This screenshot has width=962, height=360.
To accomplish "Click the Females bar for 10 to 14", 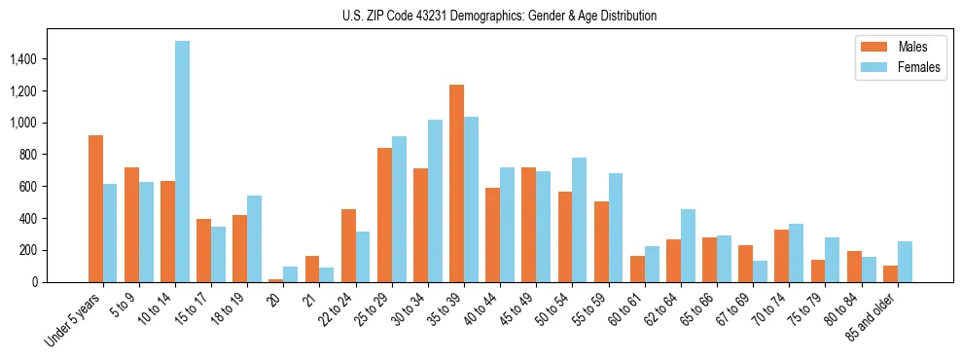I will (182, 162).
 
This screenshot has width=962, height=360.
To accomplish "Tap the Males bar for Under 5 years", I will (95, 208).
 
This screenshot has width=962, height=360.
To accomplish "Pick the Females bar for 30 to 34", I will (435, 200).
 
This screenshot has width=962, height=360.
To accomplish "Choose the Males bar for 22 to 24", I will (348, 245).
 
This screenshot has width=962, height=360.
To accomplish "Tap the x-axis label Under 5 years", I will (74, 318).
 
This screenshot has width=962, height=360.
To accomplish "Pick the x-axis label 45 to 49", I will (517, 306).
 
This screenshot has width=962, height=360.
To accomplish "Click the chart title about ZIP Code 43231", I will (499, 16).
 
